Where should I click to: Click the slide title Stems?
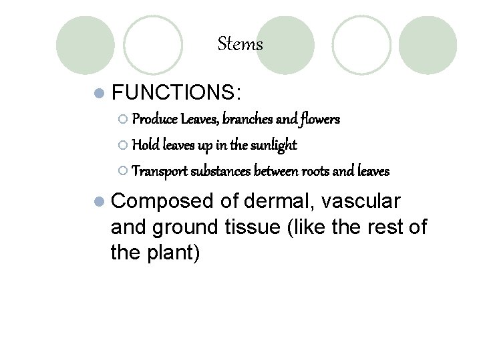tap(240, 45)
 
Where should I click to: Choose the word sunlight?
tap(273, 145)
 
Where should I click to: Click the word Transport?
tap(160, 170)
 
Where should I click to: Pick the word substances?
tap(223, 170)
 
